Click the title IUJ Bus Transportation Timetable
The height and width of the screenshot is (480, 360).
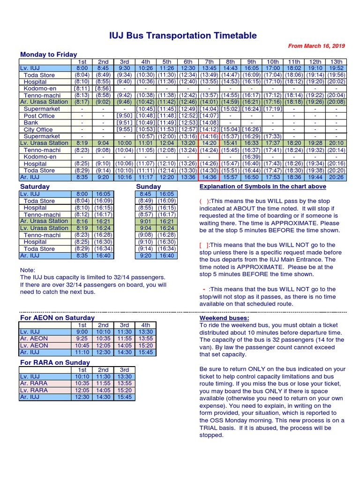point(183,36)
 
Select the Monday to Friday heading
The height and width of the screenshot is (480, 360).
point(48,54)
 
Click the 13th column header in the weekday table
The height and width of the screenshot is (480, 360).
point(336,61)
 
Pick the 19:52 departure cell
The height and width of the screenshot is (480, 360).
point(336,68)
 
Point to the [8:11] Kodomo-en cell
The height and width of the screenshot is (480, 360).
point(82,88)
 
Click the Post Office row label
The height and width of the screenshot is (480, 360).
point(39,116)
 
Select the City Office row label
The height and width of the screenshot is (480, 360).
point(38,129)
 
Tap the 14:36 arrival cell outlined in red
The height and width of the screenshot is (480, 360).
point(209,177)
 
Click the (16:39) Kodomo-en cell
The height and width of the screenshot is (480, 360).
point(251,157)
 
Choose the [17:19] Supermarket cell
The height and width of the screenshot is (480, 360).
point(272,109)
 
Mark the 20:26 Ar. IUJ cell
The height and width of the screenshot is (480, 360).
point(336,177)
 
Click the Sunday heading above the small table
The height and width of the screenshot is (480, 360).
point(148,187)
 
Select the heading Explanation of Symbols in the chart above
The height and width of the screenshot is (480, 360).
point(262,187)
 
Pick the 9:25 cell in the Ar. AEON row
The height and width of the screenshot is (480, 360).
point(82,338)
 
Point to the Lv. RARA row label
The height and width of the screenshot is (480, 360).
point(34,390)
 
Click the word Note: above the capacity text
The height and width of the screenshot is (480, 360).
point(28,270)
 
